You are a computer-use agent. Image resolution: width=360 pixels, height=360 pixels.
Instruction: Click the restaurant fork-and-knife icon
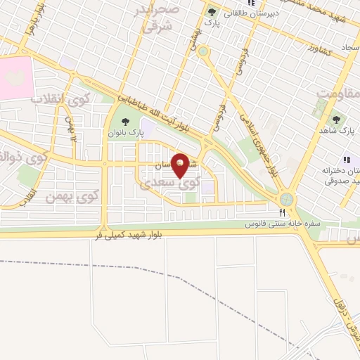[282, 212]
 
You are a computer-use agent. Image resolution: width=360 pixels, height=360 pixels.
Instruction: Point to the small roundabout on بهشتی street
[203, 51]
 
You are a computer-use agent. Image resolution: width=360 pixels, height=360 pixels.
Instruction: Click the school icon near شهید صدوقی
[345, 160]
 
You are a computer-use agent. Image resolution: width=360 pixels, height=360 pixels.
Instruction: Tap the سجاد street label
[349, 46]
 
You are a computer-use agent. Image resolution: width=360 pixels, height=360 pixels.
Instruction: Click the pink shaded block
[15, 77]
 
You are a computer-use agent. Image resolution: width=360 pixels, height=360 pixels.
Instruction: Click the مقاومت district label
[335, 91]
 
